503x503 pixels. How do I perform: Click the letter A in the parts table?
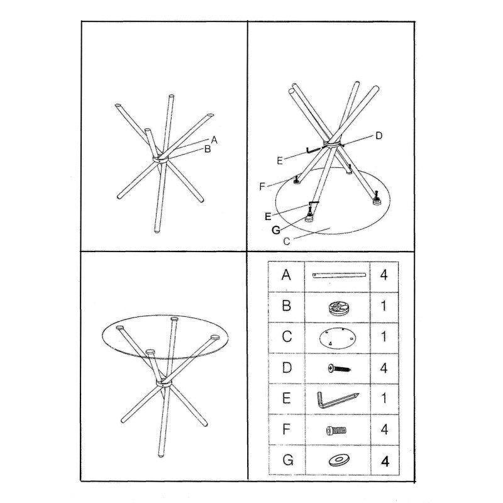287,275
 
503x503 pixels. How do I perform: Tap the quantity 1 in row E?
384,399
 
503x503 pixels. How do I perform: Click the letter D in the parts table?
287,368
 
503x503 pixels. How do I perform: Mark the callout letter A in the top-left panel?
214,140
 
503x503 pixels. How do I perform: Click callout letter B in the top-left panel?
207,149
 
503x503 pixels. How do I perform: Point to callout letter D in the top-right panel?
379,136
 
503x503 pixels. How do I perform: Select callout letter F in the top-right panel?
263,186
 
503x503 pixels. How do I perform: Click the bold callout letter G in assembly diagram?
275,229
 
